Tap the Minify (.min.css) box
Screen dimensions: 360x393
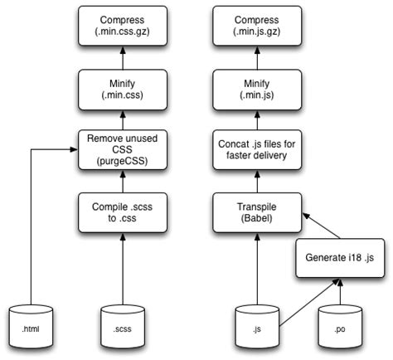pyautogui.click(x=124, y=87)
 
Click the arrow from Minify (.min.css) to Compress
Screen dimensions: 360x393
pyautogui.click(x=124, y=59)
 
